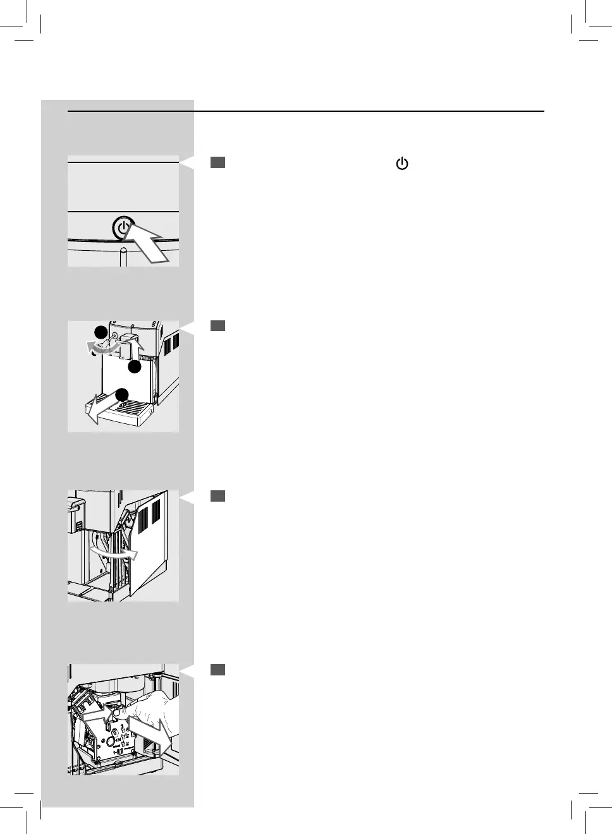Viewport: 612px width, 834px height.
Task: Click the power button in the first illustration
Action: (123, 227)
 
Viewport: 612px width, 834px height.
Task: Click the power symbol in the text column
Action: (402, 164)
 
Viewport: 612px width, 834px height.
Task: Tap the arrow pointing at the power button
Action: (150, 245)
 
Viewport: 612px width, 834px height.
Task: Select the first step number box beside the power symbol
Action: (217, 163)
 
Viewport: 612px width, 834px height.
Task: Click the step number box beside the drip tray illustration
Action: (217, 325)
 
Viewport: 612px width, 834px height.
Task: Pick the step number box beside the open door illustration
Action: (217, 496)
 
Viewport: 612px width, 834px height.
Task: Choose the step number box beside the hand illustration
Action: (217, 669)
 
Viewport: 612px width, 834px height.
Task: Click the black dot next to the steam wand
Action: (100, 332)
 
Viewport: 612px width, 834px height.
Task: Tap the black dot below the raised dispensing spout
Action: (133, 366)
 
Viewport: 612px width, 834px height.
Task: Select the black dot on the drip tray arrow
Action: (122, 396)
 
